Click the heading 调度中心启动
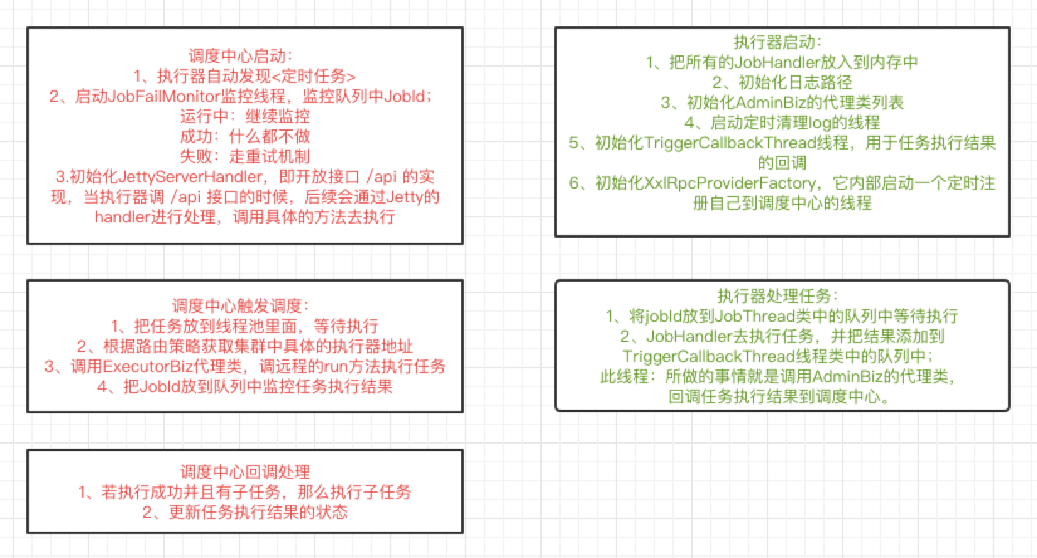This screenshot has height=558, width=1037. point(241,56)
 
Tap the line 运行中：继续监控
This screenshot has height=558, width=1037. point(244,116)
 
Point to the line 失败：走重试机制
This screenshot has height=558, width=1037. point(244,156)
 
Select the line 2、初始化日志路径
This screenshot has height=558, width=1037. point(782,82)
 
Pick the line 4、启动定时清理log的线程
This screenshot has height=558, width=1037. point(782,123)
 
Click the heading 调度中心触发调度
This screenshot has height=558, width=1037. point(241,306)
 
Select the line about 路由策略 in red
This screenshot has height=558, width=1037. point(244,346)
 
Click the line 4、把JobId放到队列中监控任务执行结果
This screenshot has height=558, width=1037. point(244,386)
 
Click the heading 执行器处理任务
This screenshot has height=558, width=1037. point(777,296)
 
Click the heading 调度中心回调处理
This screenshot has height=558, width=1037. point(244,472)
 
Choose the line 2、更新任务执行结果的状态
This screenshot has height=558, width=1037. point(244,512)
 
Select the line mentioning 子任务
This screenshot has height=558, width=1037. point(244,492)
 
